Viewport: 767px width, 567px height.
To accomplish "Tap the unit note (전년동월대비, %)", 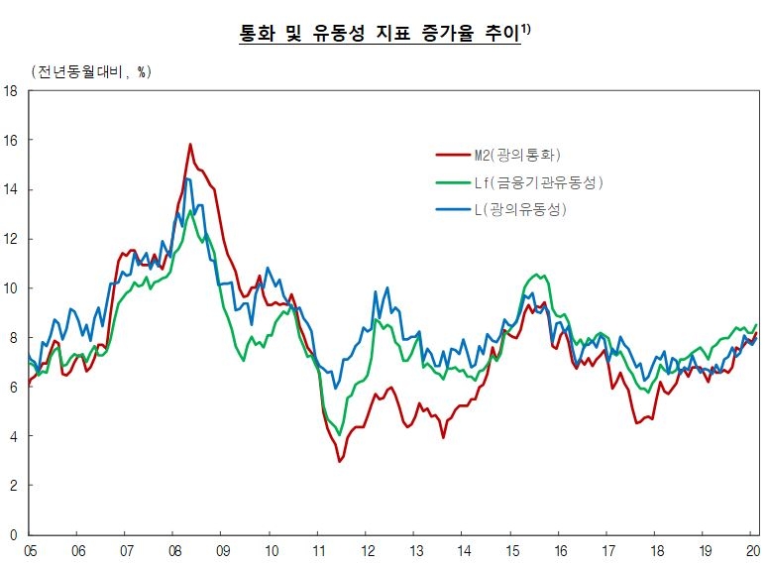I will click(91, 71).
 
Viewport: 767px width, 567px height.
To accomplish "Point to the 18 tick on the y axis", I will click(12, 91).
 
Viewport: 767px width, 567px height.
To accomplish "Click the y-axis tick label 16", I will click(12, 141).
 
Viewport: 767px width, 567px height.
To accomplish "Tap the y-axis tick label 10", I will click(12, 288).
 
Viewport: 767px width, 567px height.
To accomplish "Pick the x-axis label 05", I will click(30, 549).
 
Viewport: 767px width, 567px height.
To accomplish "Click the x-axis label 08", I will click(173, 549).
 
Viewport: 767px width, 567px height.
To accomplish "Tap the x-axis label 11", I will click(318, 549).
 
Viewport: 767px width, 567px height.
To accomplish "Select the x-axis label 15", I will click(511, 549).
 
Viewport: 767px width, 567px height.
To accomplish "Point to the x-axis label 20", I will click(752, 549).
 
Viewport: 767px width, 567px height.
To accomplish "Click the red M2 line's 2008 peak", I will click(190, 145).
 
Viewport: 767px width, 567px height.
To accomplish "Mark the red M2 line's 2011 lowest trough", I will click(340, 461).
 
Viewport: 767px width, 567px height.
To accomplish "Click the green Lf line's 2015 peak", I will click(537, 274).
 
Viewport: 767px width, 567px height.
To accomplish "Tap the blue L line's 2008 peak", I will click(186, 178).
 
